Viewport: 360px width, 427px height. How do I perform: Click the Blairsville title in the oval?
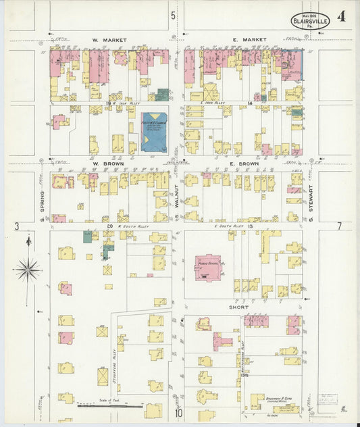pos(311,22)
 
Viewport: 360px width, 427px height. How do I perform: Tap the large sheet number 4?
pos(344,17)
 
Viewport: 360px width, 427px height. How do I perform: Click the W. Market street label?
pos(105,40)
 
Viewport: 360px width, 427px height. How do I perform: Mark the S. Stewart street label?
pos(311,201)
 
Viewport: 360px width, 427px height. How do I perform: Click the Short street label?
pos(240,307)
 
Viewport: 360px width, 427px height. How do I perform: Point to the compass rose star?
pos(28,269)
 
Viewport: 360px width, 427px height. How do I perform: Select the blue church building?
pos(154,131)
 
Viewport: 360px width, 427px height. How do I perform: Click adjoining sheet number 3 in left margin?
pos(16,226)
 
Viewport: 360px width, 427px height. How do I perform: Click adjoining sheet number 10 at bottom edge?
pos(179,413)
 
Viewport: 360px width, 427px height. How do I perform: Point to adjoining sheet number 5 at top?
pos(174,15)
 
